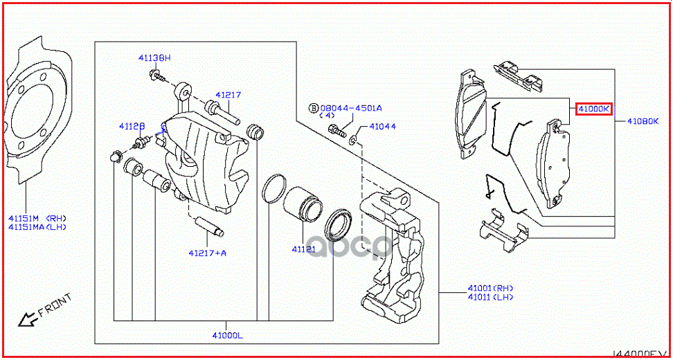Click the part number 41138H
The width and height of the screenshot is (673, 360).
[153, 60]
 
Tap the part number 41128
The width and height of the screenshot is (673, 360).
[132, 126]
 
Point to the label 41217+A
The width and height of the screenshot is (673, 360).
[207, 253]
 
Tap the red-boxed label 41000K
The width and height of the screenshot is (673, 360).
[594, 109]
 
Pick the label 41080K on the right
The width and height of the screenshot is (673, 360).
[643, 121]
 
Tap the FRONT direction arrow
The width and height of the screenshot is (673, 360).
[29, 318]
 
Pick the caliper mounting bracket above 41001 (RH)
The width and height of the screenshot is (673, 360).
[395, 256]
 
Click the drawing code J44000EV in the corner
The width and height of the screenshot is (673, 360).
[640, 354]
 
